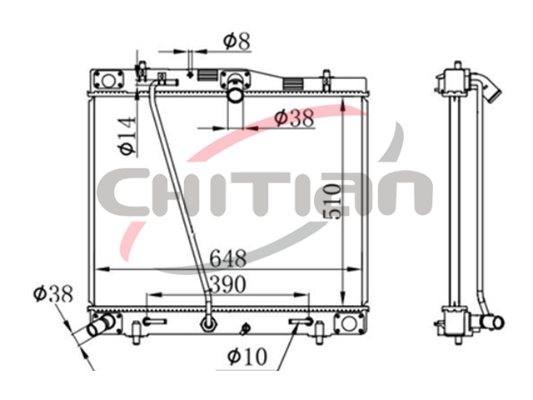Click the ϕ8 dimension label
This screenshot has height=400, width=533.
coord(237,41)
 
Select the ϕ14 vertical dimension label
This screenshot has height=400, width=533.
coord(127,135)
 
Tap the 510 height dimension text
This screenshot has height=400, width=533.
coord(331,202)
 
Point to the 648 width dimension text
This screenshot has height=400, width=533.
coord(227,258)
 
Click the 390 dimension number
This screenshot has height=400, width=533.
coord(228,284)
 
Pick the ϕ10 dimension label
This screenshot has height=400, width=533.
coord(247,357)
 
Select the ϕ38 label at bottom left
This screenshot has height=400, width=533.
coord(53,293)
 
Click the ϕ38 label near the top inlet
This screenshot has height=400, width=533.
coord(294,118)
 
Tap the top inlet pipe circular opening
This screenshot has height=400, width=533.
coord(235,95)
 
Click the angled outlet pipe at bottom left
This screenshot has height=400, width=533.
coord(101,326)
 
